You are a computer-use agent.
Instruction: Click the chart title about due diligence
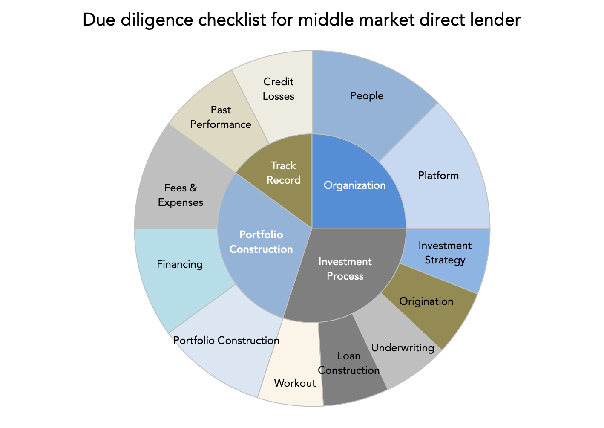coord(302,20)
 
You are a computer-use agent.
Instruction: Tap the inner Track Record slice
coord(283,178)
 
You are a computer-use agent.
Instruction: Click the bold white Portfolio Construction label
coord(261,242)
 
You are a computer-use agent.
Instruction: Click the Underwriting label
coord(403,347)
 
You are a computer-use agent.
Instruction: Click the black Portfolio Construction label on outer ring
coord(226,341)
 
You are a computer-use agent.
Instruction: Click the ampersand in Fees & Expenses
coord(193,188)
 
